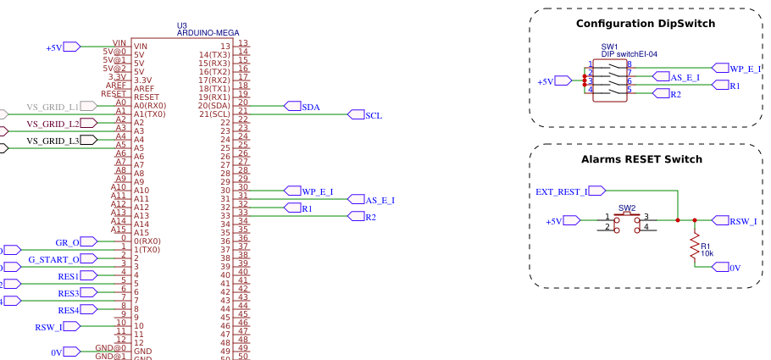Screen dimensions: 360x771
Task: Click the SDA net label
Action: pos(311,107)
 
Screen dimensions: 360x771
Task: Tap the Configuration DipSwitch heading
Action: pos(646,24)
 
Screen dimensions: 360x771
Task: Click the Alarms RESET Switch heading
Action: pos(641,159)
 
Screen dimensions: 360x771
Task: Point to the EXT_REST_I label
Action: pos(562,191)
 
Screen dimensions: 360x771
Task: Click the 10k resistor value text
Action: pos(707,252)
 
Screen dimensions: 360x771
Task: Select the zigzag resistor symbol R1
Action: pos(695,246)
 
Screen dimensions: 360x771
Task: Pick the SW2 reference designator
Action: pos(627,208)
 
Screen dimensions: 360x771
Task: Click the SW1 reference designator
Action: pos(610,47)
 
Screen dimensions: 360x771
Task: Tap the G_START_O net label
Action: pos(53,259)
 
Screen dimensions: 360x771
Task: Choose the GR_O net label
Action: pos(67,242)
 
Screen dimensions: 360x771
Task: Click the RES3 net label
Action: pos(69,293)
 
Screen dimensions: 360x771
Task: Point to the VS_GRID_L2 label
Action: pos(53,124)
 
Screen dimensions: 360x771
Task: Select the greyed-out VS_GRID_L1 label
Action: pos(53,107)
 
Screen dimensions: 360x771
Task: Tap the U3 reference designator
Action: pos(182,25)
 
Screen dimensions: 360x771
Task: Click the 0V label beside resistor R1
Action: pos(735,268)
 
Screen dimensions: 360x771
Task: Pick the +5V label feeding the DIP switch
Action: pos(546,81)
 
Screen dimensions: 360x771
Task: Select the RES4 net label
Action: pos(69,310)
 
